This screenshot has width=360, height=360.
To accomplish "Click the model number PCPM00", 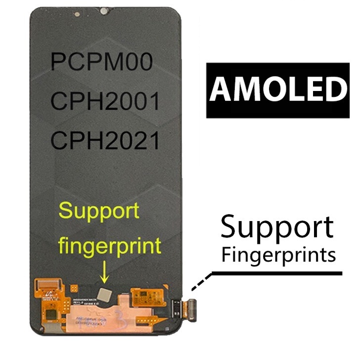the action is pyautogui.click(x=101, y=62).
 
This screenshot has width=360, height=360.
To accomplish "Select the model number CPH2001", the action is pyautogui.click(x=105, y=101).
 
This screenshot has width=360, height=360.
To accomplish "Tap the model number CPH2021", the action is pyautogui.click(x=105, y=140).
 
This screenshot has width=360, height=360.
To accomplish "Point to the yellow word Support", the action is pyautogui.click(x=98, y=212).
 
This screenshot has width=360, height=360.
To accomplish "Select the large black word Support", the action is pyautogui.click(x=277, y=228).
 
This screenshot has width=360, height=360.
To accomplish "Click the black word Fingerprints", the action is pyautogui.click(x=278, y=255).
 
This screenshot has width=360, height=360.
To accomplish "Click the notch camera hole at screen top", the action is pyautogui.click(x=104, y=10).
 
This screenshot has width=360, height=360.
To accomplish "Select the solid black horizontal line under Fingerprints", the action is pyautogui.click(x=277, y=273).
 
